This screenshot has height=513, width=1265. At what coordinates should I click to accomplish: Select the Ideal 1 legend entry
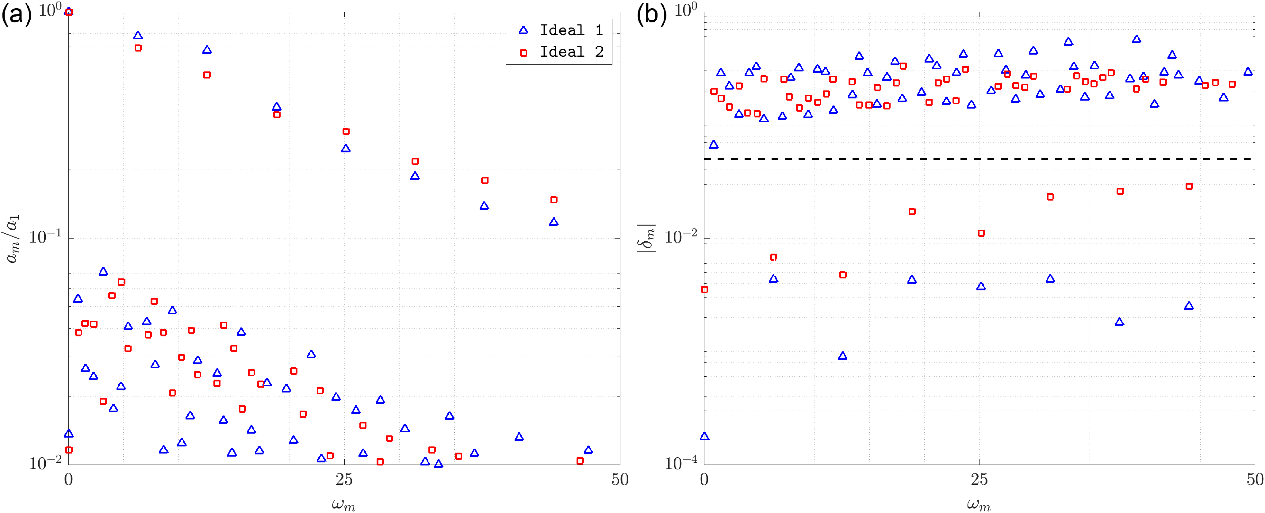click(560, 30)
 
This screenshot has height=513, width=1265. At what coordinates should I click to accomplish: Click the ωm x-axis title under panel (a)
click(343, 504)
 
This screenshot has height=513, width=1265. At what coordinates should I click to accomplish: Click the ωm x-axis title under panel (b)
click(979, 504)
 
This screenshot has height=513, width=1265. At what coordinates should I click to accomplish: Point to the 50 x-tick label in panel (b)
click(1255, 480)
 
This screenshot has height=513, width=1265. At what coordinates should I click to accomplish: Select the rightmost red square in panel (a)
click(580, 461)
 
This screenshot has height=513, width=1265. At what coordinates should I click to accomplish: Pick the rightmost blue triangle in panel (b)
click(1248, 72)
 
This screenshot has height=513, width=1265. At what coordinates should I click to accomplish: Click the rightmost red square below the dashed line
click(1189, 186)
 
